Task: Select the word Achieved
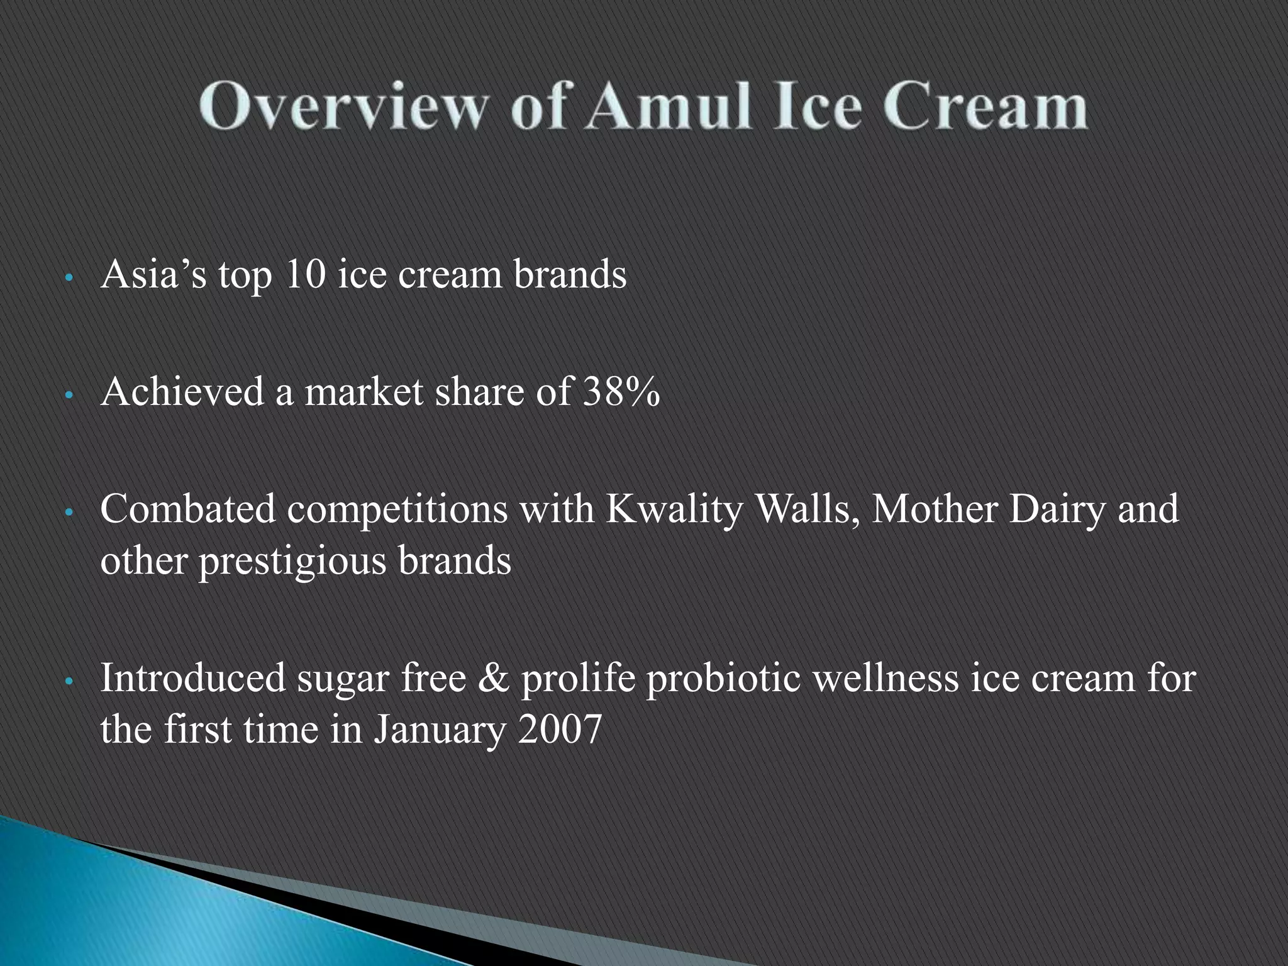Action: click(182, 391)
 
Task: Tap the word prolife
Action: click(578, 678)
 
